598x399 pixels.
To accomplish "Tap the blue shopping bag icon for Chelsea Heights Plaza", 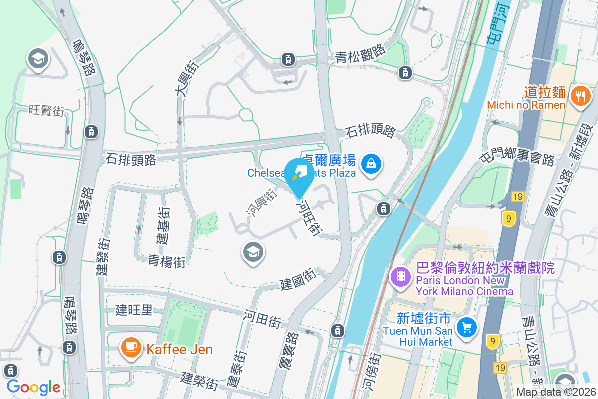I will tap(371, 163).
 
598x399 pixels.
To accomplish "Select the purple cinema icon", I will tap(400, 276).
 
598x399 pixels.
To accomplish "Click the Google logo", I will tap(34, 387).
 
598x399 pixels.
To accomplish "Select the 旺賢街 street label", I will tap(46, 110).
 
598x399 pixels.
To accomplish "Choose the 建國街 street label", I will tap(298, 280).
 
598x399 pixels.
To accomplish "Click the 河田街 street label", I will tap(263, 319).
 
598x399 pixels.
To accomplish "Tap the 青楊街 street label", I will tap(166, 260).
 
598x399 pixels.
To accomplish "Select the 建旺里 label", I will tap(134, 310).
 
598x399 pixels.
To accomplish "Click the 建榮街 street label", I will tap(199, 381).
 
